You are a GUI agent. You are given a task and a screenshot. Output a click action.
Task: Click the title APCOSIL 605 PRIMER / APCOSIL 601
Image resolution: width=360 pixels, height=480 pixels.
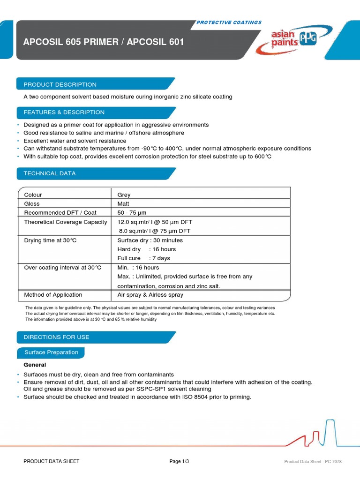[104, 42]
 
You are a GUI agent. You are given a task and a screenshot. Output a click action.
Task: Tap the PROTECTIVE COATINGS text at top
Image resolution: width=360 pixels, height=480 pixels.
[229, 22]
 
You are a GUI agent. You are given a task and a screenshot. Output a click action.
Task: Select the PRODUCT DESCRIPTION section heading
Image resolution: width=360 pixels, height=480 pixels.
[60, 84]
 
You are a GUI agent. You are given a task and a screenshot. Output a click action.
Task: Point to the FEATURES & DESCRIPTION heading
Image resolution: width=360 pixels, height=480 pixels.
[64, 112]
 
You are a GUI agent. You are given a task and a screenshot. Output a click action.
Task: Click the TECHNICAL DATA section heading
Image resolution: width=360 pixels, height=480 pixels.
[50, 173]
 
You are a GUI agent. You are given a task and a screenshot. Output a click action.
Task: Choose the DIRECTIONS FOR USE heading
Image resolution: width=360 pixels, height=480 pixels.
[57, 337]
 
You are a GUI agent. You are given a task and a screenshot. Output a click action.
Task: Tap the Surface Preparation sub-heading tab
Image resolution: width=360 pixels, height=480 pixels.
[52, 352]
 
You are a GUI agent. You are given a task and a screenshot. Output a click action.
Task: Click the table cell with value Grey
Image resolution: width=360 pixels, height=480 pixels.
[124, 195]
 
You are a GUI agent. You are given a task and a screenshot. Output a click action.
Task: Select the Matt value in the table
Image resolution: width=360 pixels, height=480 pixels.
[124, 204]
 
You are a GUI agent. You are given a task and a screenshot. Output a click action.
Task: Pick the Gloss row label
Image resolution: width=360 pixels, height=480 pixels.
[32, 204]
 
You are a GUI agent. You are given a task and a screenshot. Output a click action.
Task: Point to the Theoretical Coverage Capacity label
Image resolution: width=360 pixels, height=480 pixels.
[66, 222]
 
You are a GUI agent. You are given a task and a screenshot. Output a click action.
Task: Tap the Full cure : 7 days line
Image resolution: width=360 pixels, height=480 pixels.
[144, 258]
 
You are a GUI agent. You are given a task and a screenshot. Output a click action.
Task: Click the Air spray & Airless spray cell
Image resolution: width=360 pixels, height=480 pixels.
[150, 295]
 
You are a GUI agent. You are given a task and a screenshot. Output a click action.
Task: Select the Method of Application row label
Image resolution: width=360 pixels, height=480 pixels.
[53, 295]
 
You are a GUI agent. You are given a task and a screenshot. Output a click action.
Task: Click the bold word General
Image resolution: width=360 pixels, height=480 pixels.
[35, 365]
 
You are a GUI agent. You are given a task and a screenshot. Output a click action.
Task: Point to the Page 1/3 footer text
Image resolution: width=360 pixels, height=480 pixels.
[179, 462]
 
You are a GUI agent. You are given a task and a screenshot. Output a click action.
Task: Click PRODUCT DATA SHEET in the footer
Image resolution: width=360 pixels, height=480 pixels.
[52, 462]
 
